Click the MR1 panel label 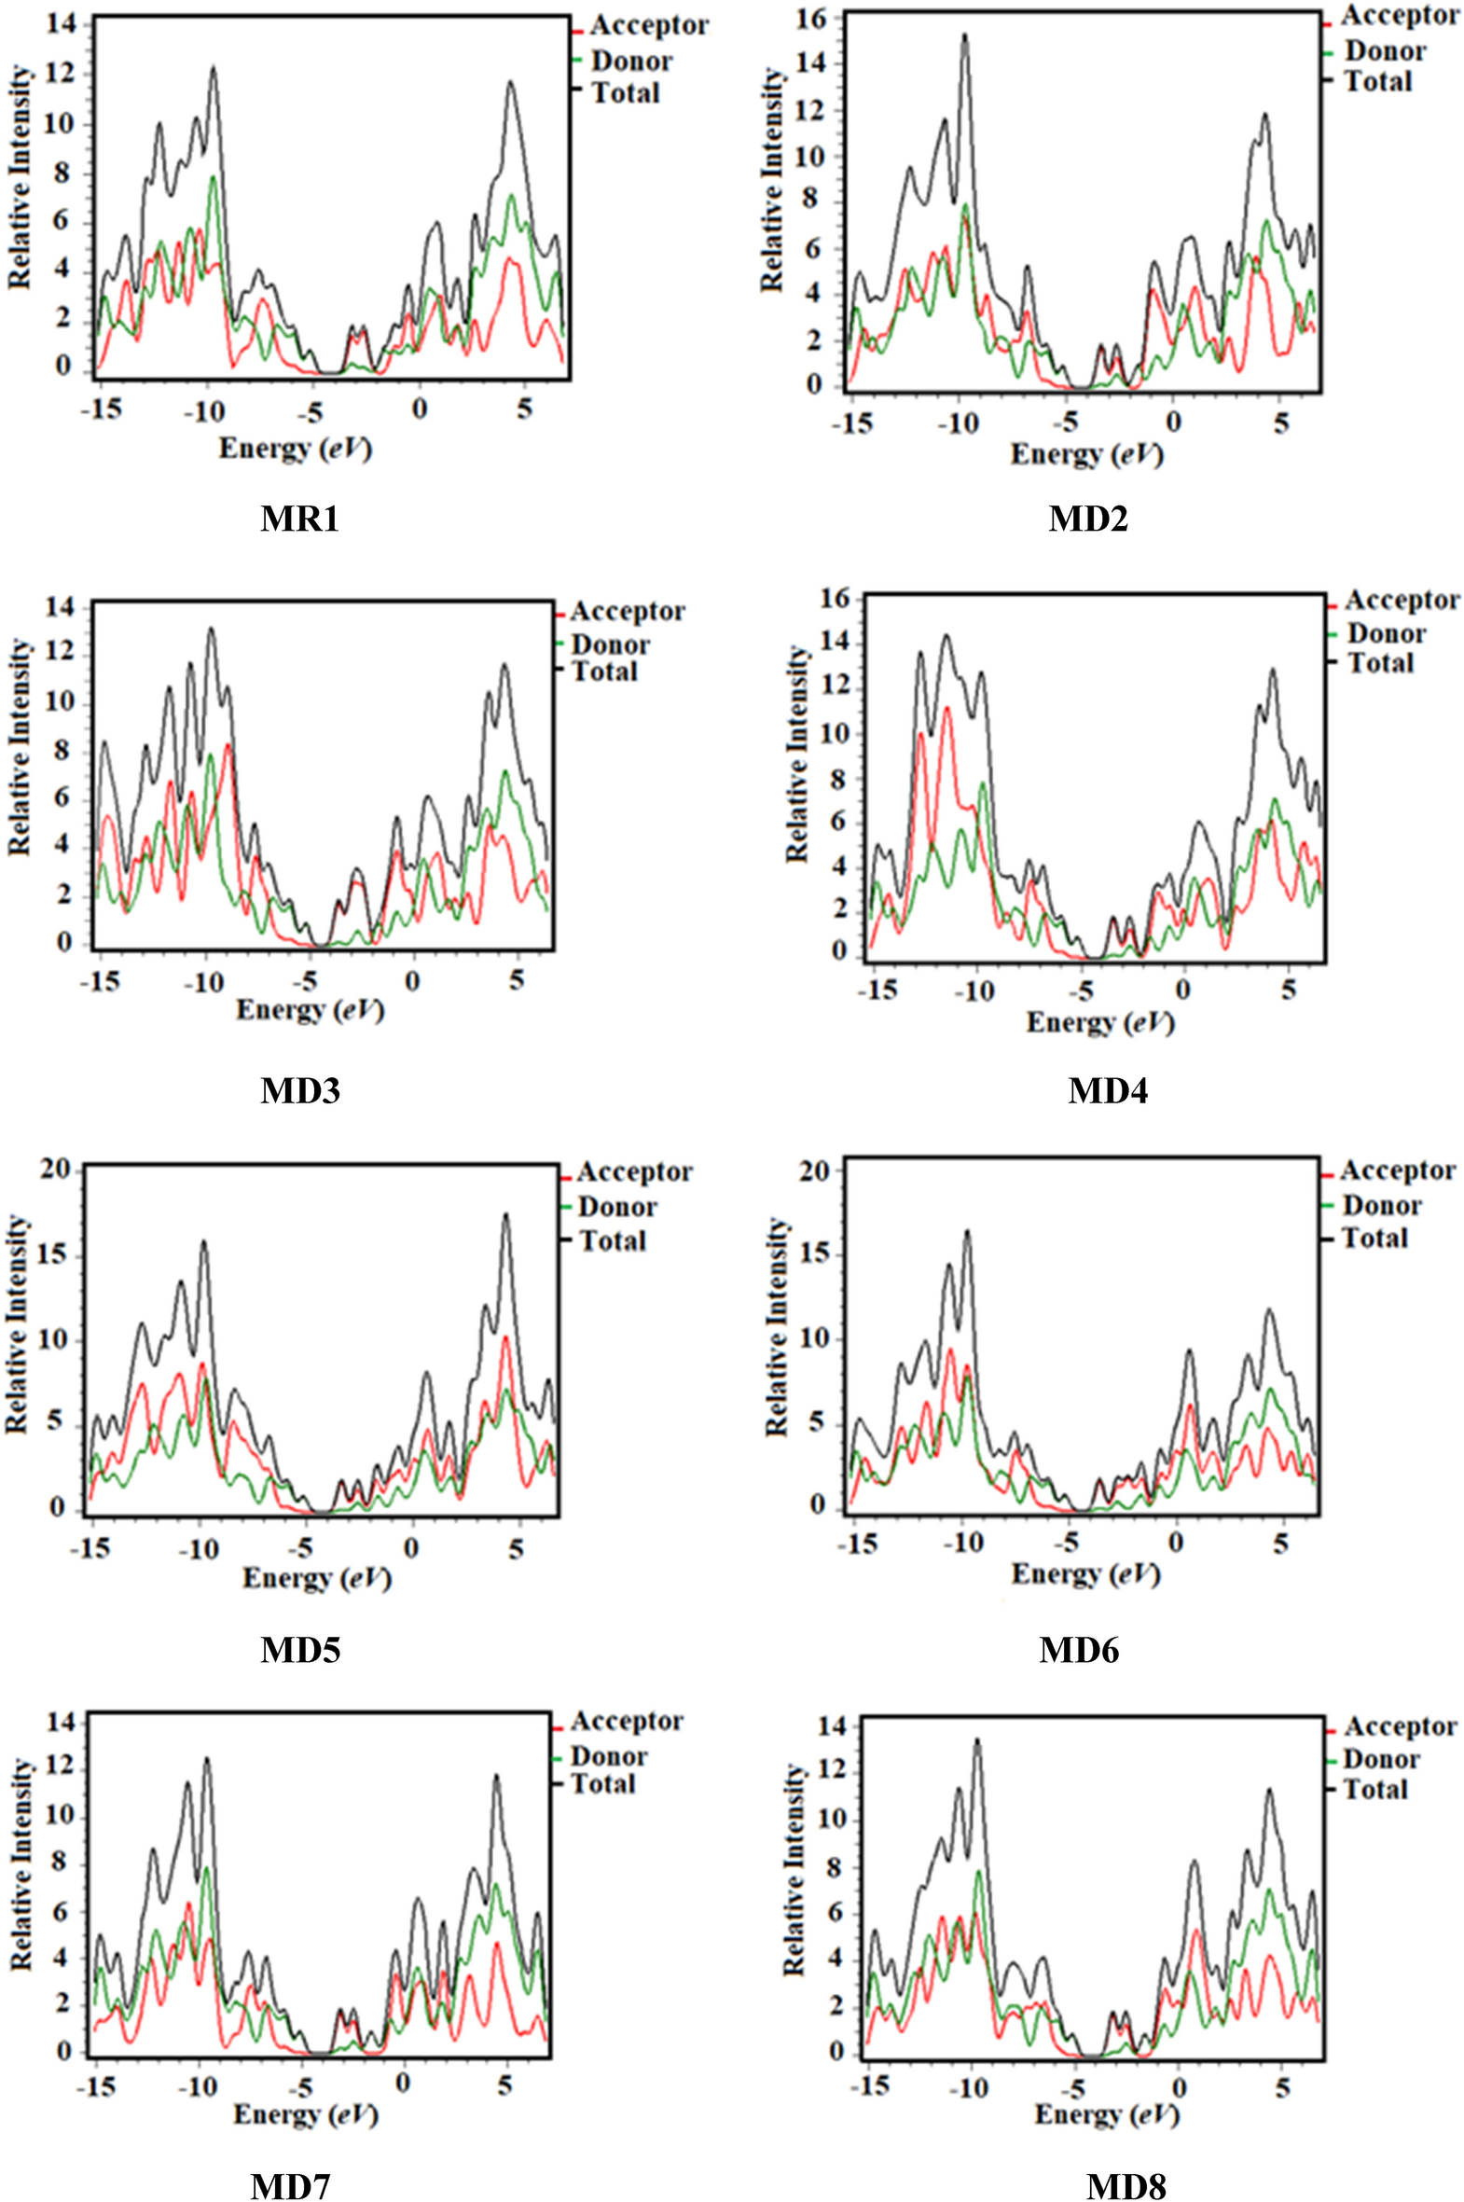coord(298,518)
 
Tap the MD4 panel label coord(1108,1090)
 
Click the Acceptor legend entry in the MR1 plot coord(649,25)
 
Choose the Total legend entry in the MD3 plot coord(604,672)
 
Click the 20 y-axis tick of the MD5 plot coord(55,1171)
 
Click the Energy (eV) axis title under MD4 coord(1100,1022)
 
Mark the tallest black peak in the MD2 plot coord(964,35)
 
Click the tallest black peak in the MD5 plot coord(505,1215)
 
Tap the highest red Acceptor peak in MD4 coord(946,708)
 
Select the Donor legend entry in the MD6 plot coord(1382,1206)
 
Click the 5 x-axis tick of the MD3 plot coord(517,981)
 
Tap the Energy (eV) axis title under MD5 coord(316,1577)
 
